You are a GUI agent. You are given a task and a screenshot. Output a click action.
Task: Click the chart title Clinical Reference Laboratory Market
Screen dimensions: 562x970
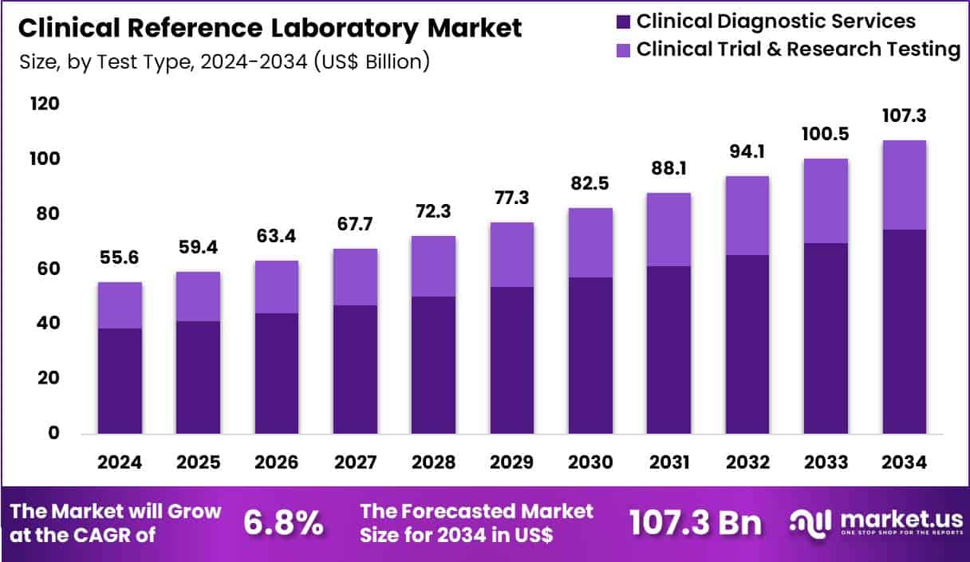tap(270, 29)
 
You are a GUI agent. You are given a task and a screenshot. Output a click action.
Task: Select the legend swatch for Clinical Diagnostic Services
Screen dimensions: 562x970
tap(622, 22)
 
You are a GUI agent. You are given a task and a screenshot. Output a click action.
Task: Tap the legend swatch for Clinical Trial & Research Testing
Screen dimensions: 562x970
tap(622, 49)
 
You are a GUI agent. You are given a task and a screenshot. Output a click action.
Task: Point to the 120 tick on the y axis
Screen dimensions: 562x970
tap(45, 104)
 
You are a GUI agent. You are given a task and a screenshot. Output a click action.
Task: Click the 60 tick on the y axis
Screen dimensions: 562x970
tap(45, 269)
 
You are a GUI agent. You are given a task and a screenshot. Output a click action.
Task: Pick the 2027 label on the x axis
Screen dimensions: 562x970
tap(355, 463)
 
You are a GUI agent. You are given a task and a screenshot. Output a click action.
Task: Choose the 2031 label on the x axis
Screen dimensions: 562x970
tap(668, 463)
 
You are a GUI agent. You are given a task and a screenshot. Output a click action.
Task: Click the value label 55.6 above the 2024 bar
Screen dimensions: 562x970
tap(120, 257)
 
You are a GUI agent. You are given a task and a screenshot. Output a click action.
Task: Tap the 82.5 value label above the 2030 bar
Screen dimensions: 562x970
tap(590, 183)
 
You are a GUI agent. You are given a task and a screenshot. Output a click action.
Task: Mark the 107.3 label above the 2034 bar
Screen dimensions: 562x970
tap(905, 116)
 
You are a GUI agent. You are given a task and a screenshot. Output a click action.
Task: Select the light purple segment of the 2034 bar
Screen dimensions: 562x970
tap(905, 185)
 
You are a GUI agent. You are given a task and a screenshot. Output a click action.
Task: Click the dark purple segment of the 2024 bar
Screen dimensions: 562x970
tap(120, 381)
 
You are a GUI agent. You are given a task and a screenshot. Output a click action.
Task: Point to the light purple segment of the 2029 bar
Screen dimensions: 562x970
tap(512, 254)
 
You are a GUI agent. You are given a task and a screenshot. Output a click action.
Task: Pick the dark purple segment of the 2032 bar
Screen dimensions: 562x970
tap(747, 344)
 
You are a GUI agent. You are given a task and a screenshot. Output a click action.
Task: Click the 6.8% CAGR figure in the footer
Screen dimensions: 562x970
tap(283, 524)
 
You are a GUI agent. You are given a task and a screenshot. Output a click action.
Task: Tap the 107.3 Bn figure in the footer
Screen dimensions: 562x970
tap(695, 524)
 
